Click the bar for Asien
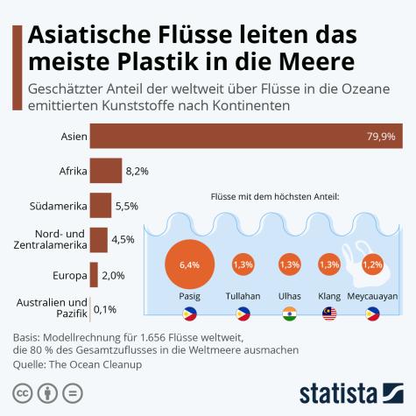tap(245, 137)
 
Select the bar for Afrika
tap(105, 171)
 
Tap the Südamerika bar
tap(100, 205)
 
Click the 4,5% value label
tap(123, 239)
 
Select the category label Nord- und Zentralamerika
tap(54, 239)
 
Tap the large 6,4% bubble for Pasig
tap(190, 263)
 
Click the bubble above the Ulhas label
tap(288, 264)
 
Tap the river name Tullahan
tap(243, 295)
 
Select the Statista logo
tap(351, 391)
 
